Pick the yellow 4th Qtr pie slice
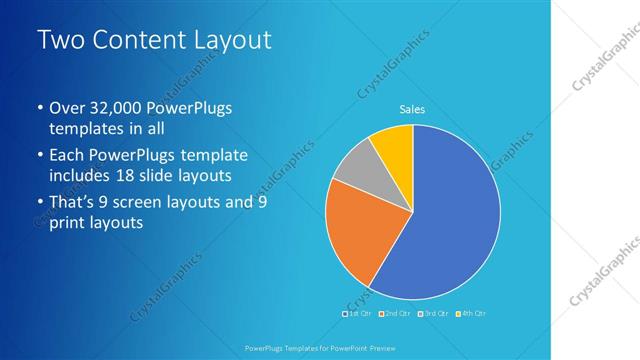(x=393, y=148)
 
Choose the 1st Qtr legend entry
(x=357, y=313)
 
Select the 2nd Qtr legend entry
(x=395, y=313)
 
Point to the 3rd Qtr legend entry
(x=434, y=313)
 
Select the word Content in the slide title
(x=134, y=41)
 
